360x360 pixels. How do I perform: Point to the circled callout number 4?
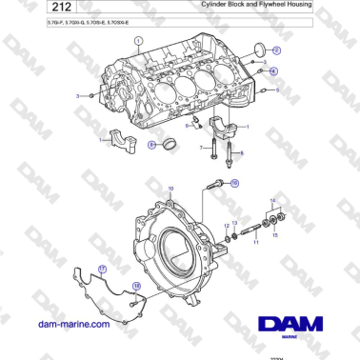[x=273, y=70]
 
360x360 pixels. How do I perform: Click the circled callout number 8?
[x=151, y=145]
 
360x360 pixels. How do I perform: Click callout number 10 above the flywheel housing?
[x=171, y=190]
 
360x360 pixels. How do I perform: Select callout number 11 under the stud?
[x=254, y=243]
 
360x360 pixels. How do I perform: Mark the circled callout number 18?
[x=136, y=285]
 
